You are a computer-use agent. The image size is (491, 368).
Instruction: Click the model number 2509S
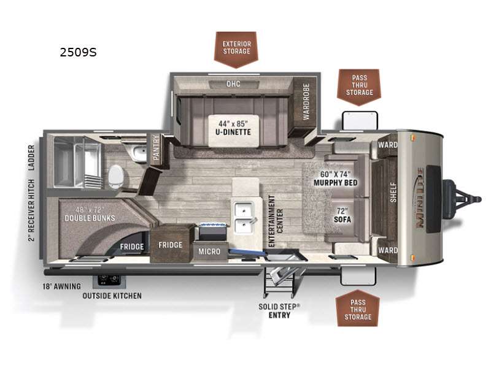(79, 52)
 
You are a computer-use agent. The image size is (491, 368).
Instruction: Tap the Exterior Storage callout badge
(236, 49)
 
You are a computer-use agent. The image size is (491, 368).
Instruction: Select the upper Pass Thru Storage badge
(359, 87)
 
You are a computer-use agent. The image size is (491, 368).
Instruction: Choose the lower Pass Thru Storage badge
(358, 309)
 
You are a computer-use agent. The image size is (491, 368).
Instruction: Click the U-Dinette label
(233, 128)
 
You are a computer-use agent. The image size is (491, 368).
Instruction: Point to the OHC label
(233, 84)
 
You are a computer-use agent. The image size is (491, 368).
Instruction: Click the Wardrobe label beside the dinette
(306, 102)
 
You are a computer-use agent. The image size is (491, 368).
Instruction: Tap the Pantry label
(156, 148)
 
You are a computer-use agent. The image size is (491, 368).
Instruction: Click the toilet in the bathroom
(116, 177)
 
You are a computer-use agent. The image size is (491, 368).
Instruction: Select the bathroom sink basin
(139, 153)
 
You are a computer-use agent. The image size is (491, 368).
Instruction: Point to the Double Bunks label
(90, 214)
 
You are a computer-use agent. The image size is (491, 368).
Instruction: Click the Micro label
(209, 251)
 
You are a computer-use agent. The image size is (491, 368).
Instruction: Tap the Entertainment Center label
(276, 221)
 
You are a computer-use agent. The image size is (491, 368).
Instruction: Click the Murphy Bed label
(335, 178)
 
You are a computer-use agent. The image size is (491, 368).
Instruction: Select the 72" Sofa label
(342, 215)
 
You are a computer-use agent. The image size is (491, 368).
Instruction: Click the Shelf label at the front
(393, 192)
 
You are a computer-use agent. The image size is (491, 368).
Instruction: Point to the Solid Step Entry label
(279, 311)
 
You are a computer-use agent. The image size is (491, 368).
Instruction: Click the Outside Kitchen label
(112, 296)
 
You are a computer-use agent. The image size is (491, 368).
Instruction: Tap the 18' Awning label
(62, 286)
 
